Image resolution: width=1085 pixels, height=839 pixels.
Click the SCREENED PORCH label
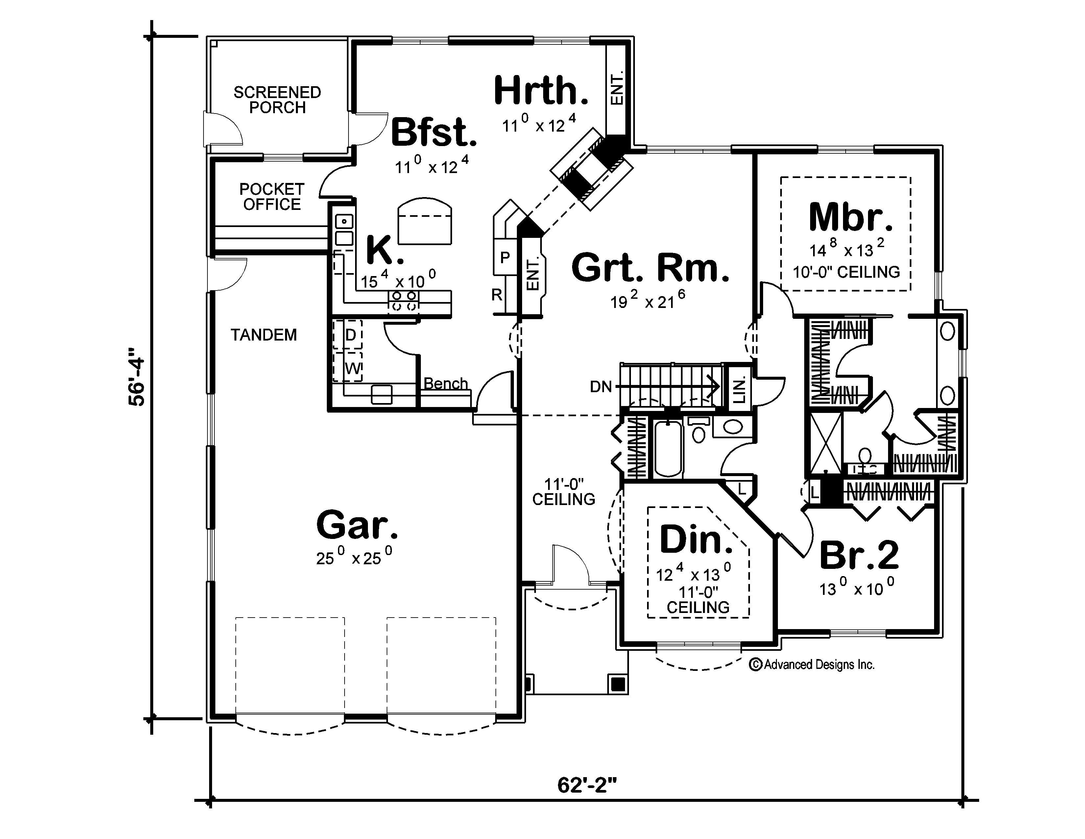click(277, 100)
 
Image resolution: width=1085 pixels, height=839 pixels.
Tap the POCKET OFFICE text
click(272, 197)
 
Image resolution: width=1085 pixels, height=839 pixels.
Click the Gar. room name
click(357, 525)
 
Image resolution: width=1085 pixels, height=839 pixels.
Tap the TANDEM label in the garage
click(264, 335)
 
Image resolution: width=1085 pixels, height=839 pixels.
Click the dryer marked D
click(350, 335)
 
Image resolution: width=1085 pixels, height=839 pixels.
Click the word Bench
click(446, 383)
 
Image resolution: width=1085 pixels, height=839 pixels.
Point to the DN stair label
click(601, 387)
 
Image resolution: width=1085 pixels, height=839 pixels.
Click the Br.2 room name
click(858, 555)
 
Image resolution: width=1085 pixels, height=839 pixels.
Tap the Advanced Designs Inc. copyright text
click(812, 665)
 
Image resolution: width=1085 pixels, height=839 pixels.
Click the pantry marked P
click(505, 258)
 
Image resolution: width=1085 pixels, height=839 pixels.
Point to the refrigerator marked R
click(497, 295)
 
